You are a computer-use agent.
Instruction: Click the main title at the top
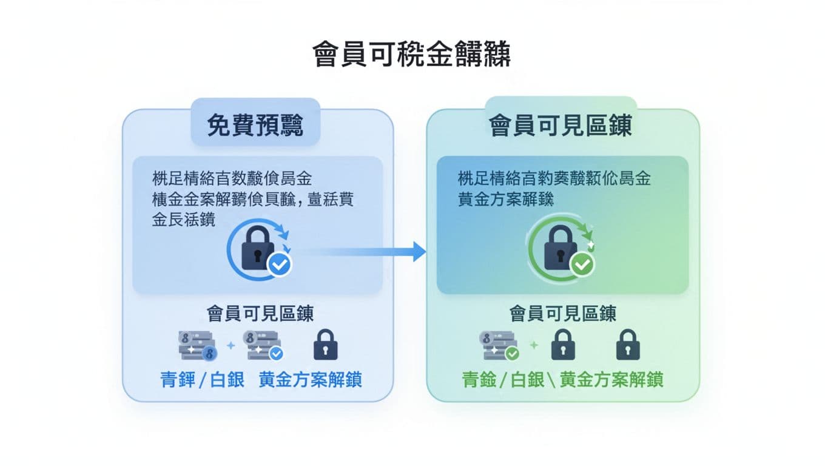tap(412, 55)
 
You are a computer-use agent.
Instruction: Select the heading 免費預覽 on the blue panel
tap(255, 126)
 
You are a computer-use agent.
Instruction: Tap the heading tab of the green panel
tap(561, 126)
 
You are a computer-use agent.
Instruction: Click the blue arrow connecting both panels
tap(364, 251)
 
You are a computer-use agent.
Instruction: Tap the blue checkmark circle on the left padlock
tap(280, 265)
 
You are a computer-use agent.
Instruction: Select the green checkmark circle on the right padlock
tap(583, 265)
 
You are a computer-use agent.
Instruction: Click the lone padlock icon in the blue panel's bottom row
tap(326, 345)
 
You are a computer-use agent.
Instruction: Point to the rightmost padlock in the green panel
tap(628, 345)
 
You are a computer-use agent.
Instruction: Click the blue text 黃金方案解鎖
tap(310, 380)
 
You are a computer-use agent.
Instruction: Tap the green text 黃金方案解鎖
tap(611, 380)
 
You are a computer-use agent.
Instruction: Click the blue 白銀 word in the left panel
tap(227, 380)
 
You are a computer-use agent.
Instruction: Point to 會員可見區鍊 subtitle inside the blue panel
tap(260, 314)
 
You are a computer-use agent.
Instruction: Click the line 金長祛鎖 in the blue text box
tap(183, 220)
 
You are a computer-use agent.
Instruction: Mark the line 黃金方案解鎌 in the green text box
tap(506, 200)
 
